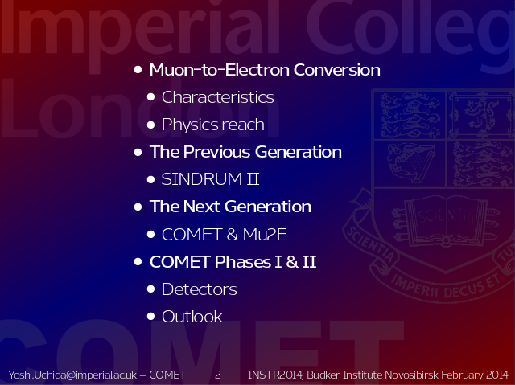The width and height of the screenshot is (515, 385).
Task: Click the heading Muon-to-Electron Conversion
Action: tap(265, 69)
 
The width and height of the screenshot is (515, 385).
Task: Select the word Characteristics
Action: tap(217, 97)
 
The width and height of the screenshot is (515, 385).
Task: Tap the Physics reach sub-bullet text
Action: tap(212, 125)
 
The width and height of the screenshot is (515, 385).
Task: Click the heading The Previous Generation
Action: tap(245, 152)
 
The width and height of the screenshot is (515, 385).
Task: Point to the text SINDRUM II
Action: tap(210, 179)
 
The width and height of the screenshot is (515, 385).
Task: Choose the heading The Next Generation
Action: tap(230, 207)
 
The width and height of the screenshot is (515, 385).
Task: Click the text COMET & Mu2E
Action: tap(225, 234)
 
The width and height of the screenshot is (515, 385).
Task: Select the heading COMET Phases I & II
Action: tap(233, 262)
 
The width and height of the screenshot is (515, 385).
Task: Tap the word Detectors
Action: tap(199, 289)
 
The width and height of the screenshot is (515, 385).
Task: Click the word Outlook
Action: tap(192, 317)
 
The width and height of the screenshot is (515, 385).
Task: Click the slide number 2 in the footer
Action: tap(218, 375)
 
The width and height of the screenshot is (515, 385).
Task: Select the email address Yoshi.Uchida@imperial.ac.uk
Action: tap(72, 375)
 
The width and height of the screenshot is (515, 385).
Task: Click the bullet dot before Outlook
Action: tap(150, 316)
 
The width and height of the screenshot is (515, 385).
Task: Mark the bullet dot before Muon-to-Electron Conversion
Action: tap(138, 69)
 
